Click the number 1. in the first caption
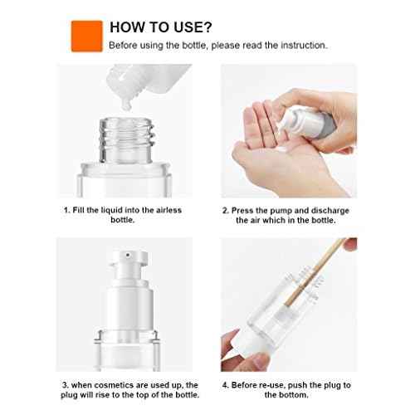click(66, 210)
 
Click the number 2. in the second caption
click(226, 210)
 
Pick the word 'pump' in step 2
click(279, 210)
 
